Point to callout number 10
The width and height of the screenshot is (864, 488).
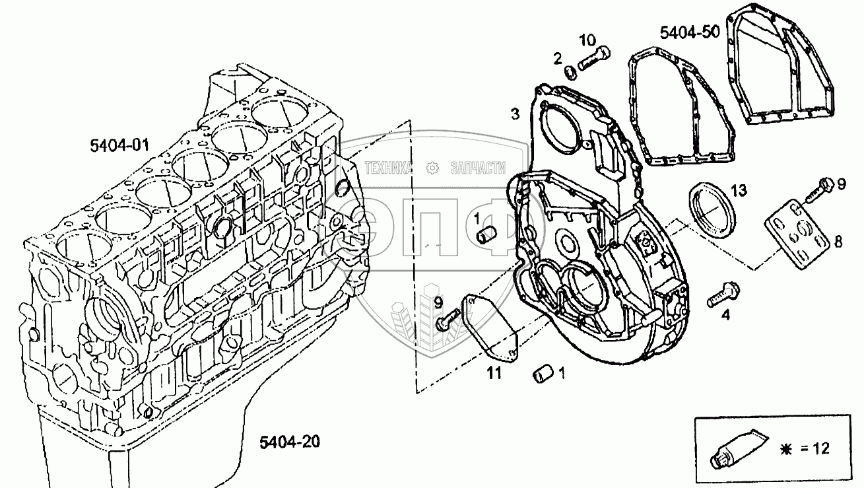tap(587, 40)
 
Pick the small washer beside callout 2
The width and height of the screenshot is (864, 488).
tap(570, 71)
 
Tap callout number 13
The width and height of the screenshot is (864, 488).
tap(739, 191)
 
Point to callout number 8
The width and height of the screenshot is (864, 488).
tap(838, 242)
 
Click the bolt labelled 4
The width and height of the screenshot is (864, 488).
tap(724, 293)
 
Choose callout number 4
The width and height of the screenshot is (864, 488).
tap(725, 316)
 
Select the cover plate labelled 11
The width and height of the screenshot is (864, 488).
tap(491, 328)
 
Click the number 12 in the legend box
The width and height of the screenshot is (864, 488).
tap(820, 449)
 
